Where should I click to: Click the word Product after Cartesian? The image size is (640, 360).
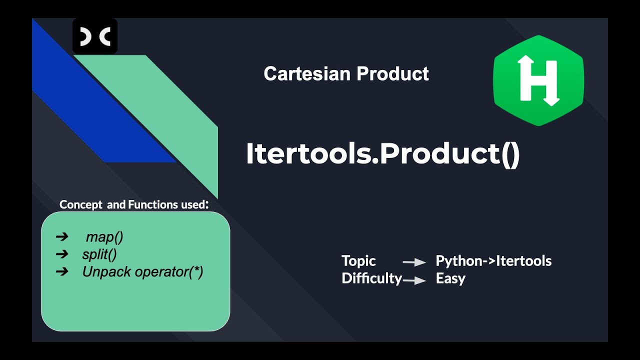pyautogui.click(x=392, y=74)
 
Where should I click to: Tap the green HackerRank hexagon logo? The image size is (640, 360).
pyautogui.click(x=538, y=80)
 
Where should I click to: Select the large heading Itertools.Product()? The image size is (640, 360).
pyautogui.click(x=382, y=154)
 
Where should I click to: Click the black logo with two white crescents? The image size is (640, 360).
pyautogui.click(x=95, y=36)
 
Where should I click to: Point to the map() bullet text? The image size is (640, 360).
pyautogui.click(x=104, y=237)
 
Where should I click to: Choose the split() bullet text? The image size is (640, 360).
pyautogui.click(x=99, y=254)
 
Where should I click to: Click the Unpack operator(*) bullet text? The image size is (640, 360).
pyautogui.click(x=142, y=272)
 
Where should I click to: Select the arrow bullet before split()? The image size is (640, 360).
pyautogui.click(x=62, y=254)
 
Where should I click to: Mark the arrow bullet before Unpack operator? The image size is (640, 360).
pyautogui.click(x=62, y=272)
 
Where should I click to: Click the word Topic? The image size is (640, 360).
pyautogui.click(x=358, y=261)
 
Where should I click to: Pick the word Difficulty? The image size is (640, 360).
pyautogui.click(x=371, y=278)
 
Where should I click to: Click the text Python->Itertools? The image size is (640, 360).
pyautogui.click(x=493, y=261)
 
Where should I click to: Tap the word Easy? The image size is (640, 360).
pyautogui.click(x=450, y=278)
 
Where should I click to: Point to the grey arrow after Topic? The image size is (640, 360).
pyautogui.click(x=414, y=262)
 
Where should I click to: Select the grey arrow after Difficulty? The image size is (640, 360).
pyautogui.click(x=414, y=280)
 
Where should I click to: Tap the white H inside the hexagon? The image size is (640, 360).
pyautogui.click(x=538, y=80)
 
